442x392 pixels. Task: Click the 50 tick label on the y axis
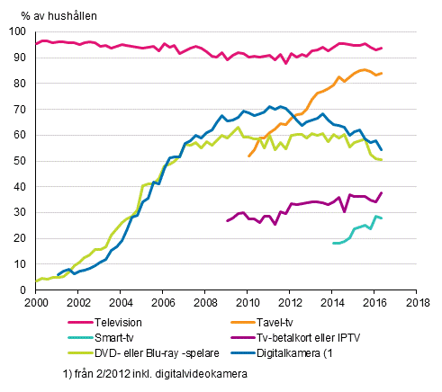point(20,162)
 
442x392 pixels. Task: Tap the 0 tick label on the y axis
point(23,290)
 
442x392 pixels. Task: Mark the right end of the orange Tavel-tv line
point(382,73)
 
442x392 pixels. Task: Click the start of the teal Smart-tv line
point(332,243)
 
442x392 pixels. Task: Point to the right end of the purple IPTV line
point(382,192)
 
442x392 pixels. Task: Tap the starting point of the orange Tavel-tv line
point(248,156)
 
